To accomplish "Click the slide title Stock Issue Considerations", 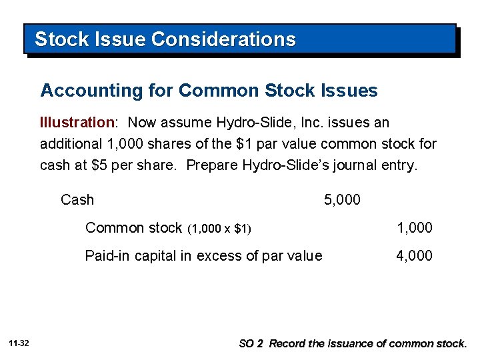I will [x=165, y=39].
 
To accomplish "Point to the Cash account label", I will [x=77, y=199].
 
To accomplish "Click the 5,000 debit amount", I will [x=342, y=199].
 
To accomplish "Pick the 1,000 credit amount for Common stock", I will [x=415, y=228].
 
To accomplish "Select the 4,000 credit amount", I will [x=415, y=255].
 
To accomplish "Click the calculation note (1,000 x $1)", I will [x=219, y=229].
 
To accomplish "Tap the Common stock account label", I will [x=133, y=228].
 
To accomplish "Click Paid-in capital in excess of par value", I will [x=203, y=255].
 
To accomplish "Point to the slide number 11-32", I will [x=19, y=343].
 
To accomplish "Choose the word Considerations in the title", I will [x=223, y=39].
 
